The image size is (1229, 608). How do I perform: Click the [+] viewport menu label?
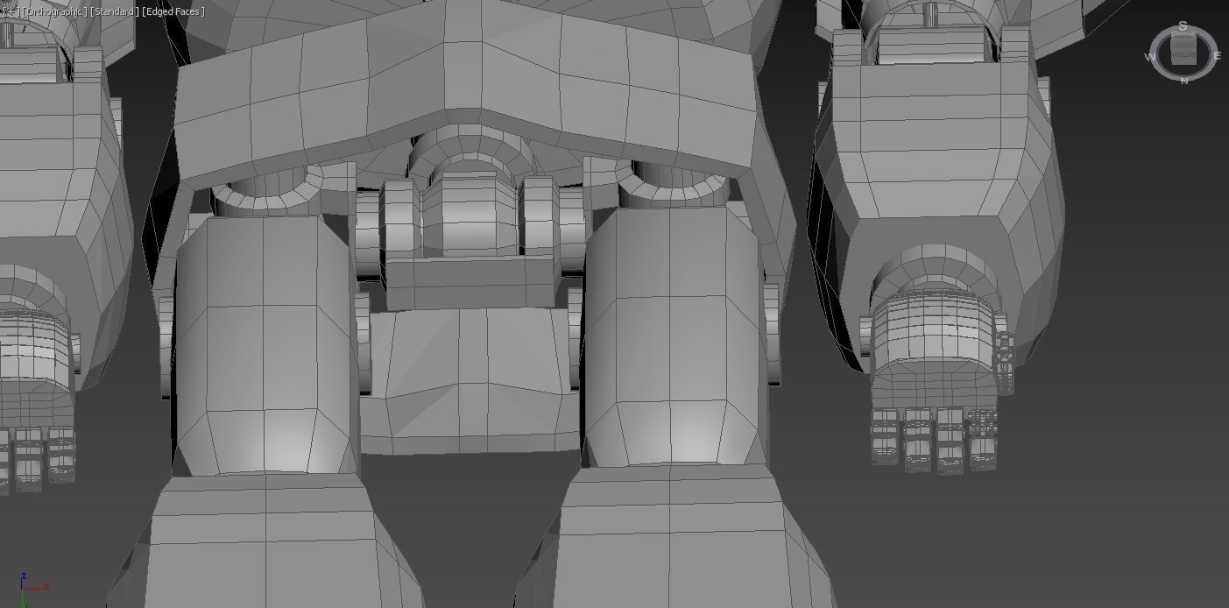10,11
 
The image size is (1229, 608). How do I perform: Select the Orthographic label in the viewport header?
54,11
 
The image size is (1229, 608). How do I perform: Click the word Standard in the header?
114,11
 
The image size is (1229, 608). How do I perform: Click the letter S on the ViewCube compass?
1183,27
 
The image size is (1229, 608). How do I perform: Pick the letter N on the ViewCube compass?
1184,81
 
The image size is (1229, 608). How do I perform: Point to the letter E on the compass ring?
1217,56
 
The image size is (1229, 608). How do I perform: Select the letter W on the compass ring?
1150,57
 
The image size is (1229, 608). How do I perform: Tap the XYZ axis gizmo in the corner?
31,589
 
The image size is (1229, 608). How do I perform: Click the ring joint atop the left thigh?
267,195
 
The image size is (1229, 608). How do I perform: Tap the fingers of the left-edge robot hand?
35,456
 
